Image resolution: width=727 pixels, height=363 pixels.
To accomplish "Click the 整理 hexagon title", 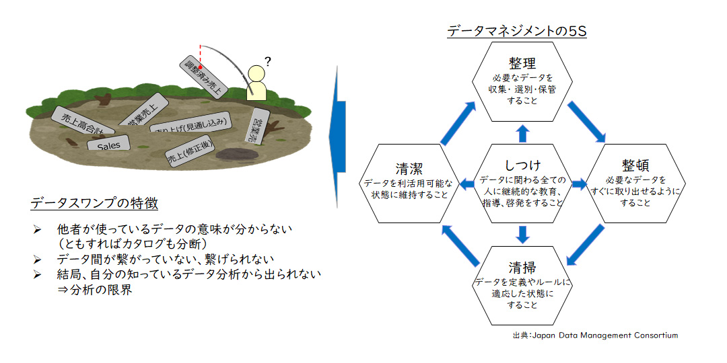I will (x=522, y=64).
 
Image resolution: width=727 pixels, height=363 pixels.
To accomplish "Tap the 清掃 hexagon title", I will (x=522, y=267).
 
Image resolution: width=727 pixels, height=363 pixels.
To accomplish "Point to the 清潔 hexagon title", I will (x=409, y=168).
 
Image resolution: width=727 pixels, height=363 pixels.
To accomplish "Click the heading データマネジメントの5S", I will (x=517, y=31).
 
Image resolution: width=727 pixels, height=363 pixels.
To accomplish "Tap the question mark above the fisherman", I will (x=267, y=63).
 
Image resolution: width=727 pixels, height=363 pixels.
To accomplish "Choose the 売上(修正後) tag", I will (x=189, y=154).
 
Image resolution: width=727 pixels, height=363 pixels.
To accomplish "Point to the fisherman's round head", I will (x=256, y=73).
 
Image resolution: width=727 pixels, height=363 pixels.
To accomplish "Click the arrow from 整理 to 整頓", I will (x=586, y=120).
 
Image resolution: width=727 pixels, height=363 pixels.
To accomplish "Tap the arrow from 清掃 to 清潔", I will (x=460, y=244).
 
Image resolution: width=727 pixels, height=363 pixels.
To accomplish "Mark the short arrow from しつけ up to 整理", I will (x=522, y=132).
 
